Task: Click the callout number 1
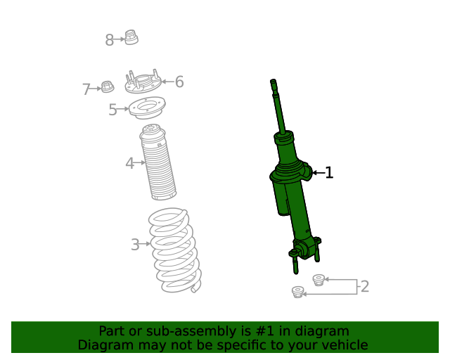[x=328, y=172]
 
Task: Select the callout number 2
[x=364, y=286]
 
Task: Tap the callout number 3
[x=134, y=245]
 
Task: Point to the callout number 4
[x=129, y=164]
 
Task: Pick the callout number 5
[x=112, y=110]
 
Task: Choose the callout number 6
[x=179, y=82]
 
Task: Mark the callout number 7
[x=86, y=89]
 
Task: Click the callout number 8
[x=109, y=40]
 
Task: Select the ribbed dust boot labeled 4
[x=158, y=162]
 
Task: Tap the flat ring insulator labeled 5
[x=147, y=109]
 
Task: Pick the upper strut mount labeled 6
[x=143, y=83]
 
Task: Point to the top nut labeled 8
[x=131, y=37]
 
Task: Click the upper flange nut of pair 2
[x=318, y=280]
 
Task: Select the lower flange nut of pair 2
[x=297, y=291]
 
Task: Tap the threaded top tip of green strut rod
[x=274, y=86]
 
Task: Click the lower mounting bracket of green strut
[x=305, y=252]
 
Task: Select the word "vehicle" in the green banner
[x=343, y=345]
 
